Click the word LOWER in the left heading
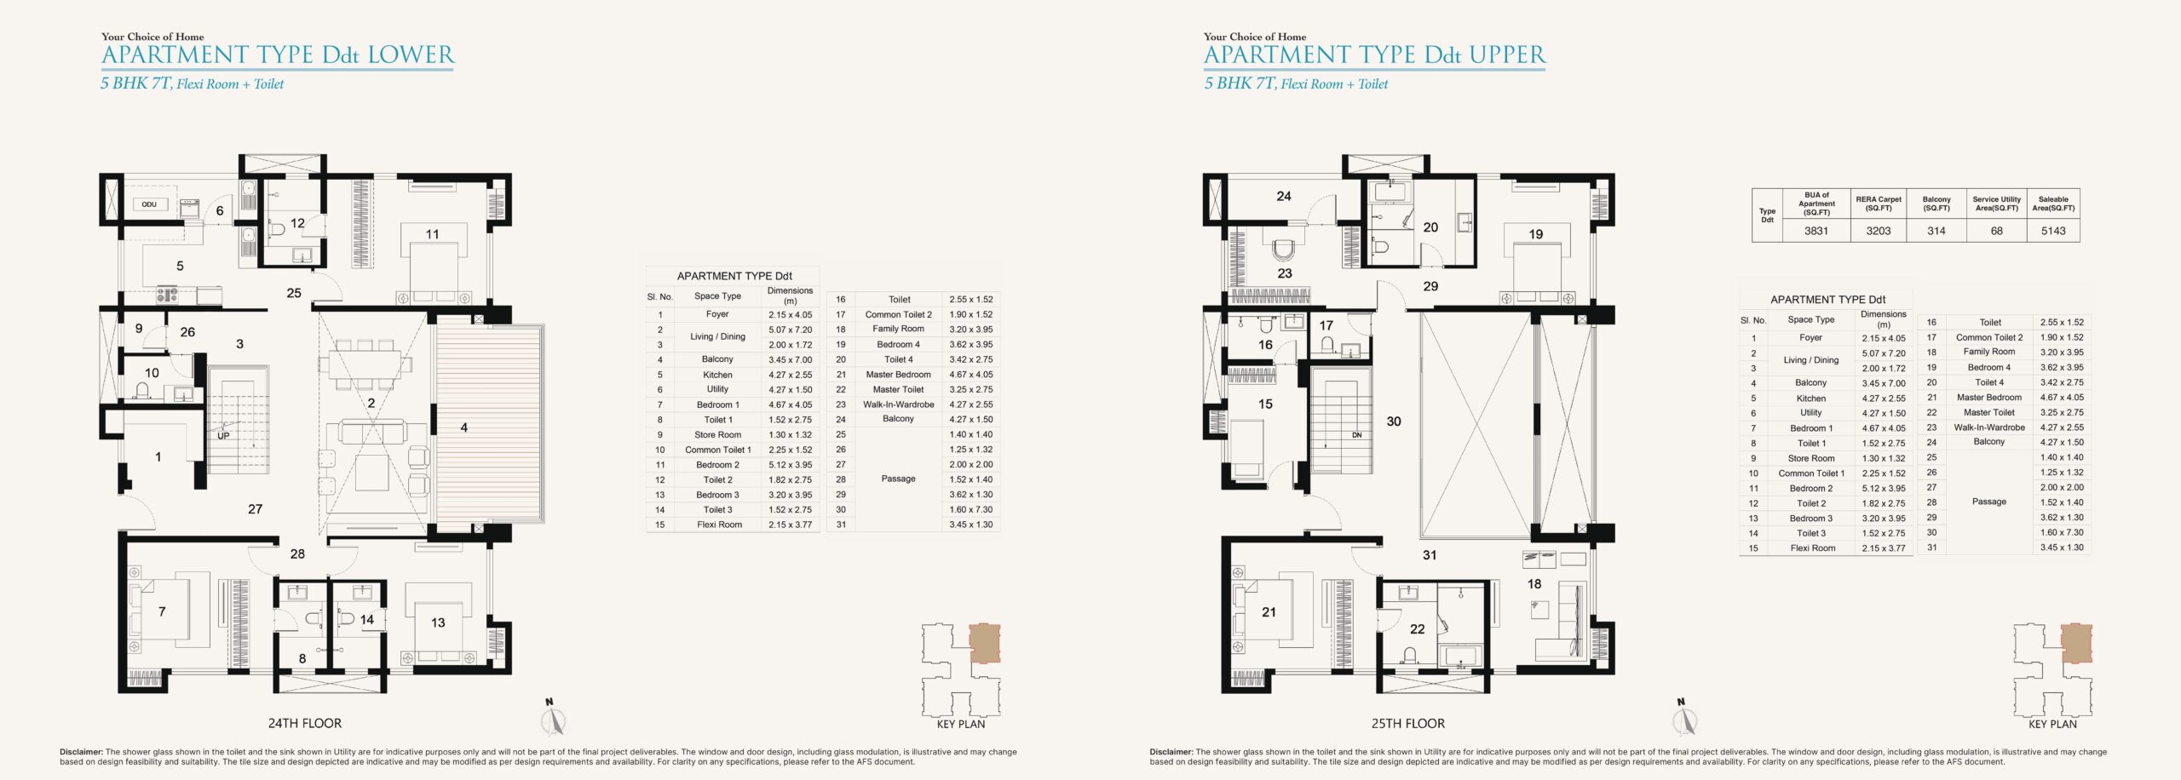411,55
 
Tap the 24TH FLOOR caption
305,723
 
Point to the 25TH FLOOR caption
1408,723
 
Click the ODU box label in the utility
149,204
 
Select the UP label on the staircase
223,436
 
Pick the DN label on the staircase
1357,435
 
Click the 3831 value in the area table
1816,231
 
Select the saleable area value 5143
2053,231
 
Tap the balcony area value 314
1936,231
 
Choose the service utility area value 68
1996,231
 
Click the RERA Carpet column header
1879,204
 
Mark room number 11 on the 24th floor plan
433,234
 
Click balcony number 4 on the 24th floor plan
464,427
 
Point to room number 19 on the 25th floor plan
1536,234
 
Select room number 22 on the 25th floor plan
1418,629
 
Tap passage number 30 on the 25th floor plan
1394,422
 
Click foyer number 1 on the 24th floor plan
158,457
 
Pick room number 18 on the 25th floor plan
1534,584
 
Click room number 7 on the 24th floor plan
162,611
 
